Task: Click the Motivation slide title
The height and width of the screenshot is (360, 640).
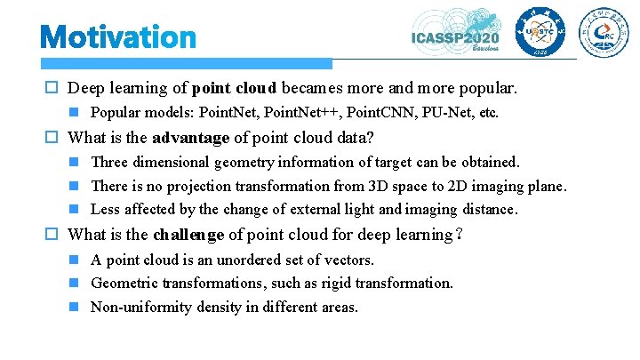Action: point(118,37)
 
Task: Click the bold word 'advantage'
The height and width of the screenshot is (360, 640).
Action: point(194,138)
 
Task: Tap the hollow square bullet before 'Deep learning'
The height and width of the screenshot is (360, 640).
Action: point(55,89)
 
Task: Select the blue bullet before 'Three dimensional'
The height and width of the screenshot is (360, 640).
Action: point(77,163)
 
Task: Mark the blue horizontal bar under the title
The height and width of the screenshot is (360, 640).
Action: point(187,64)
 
